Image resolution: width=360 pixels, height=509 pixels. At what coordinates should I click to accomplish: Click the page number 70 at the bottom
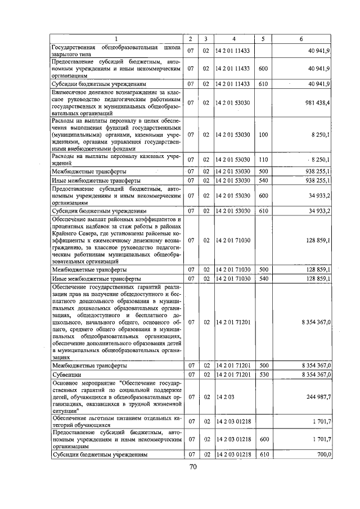tap(192, 467)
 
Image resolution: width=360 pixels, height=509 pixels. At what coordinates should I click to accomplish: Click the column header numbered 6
tap(301, 39)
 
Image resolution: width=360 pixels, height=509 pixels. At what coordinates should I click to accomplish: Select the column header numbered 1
tap(116, 39)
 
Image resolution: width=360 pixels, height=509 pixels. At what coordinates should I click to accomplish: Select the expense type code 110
tap(263, 160)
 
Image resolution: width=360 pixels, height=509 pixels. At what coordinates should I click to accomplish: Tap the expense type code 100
tap(263, 135)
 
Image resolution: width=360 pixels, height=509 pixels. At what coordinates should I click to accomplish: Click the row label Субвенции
tap(67, 373)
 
